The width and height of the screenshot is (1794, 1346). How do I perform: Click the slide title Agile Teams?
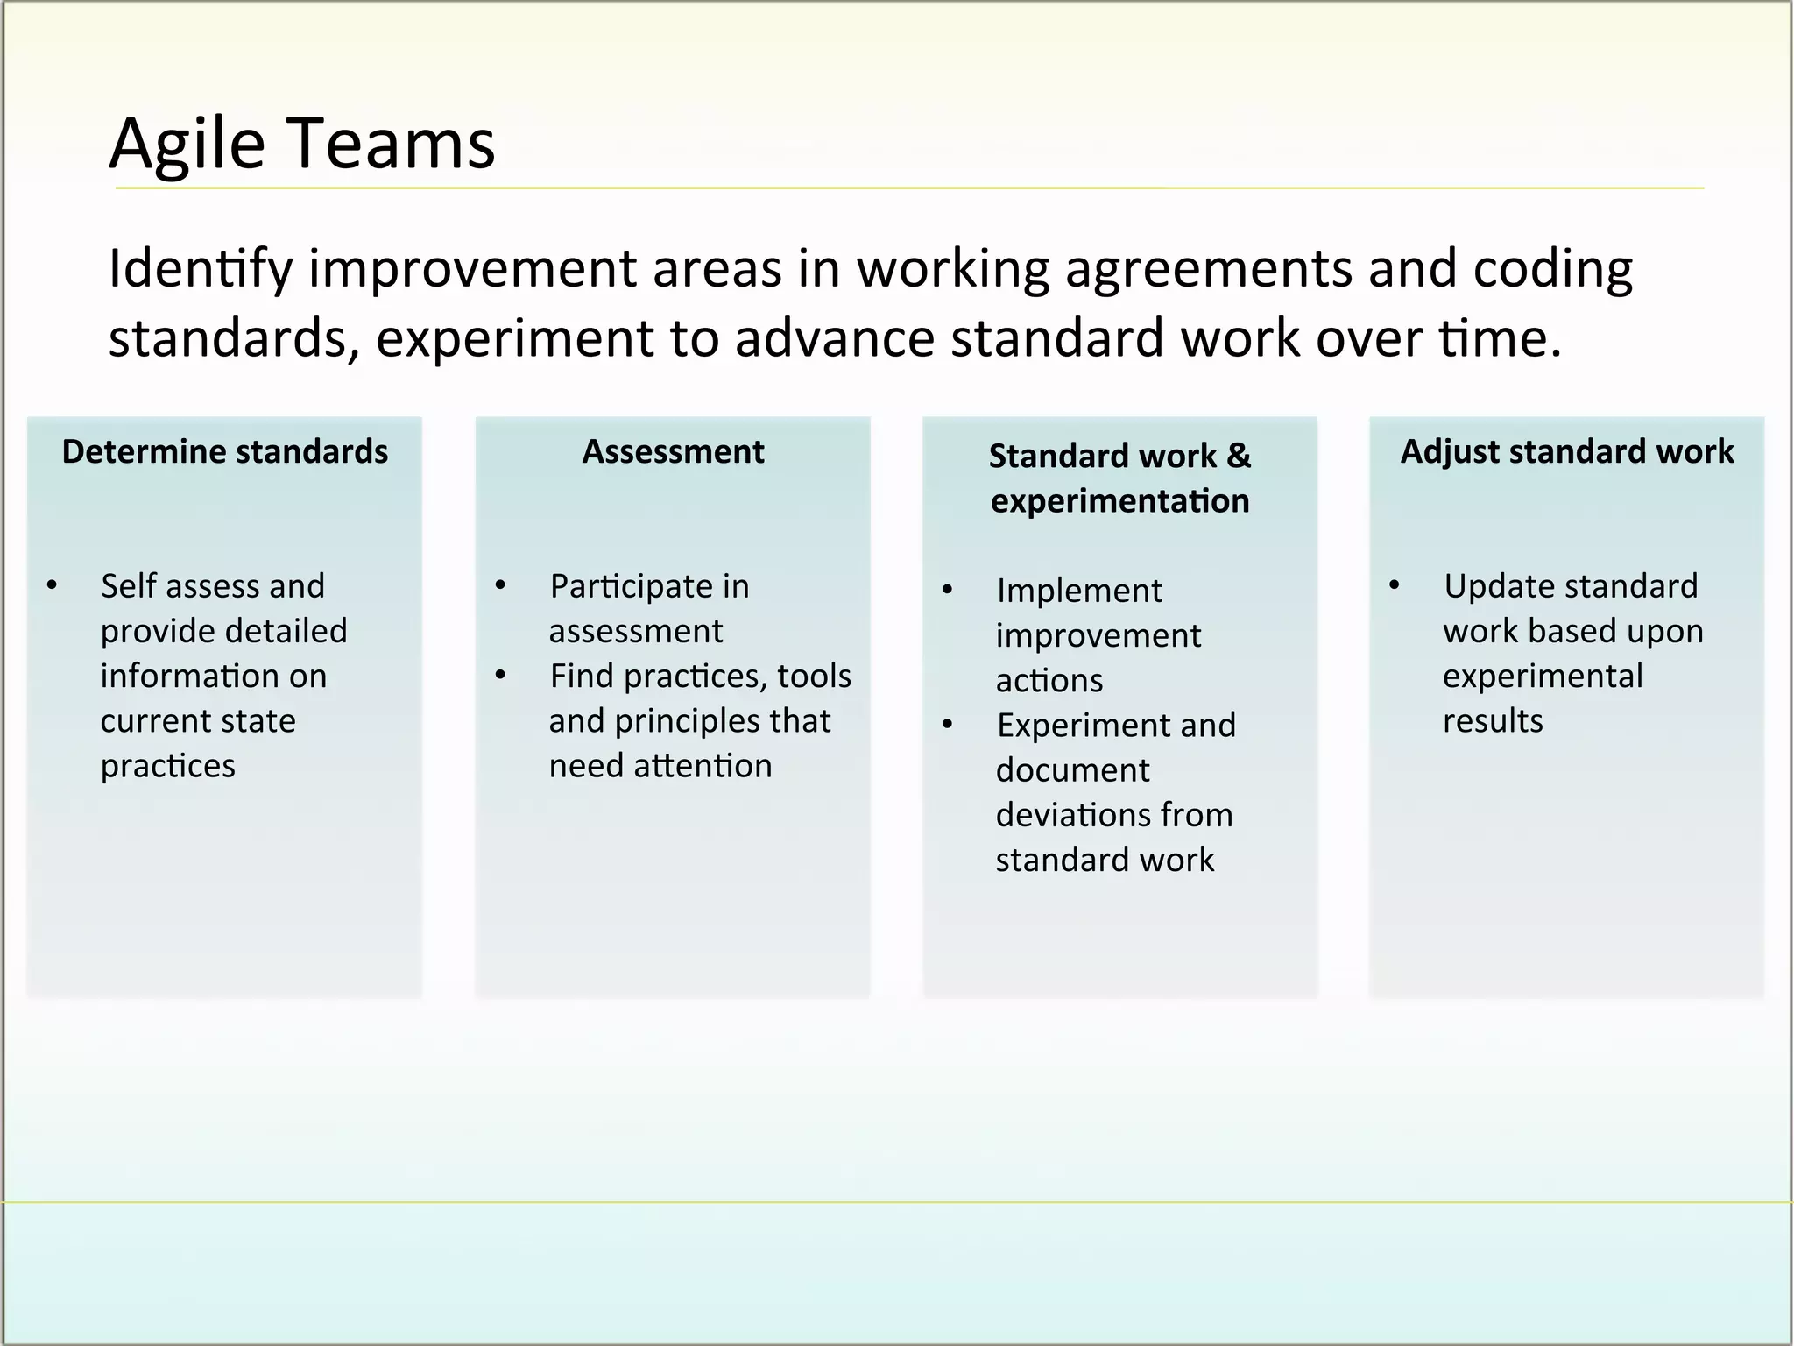point(302,144)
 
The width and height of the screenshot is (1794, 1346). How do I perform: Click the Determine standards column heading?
point(225,452)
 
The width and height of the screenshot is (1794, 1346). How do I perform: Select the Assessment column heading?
point(673,452)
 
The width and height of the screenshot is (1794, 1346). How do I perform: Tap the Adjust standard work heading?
point(1567,452)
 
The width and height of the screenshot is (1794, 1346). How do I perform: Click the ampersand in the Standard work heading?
point(1239,456)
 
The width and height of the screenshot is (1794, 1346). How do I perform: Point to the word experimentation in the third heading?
point(1119,501)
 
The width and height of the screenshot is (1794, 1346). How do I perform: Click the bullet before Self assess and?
point(53,585)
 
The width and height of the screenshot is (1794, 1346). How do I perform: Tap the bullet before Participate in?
point(500,585)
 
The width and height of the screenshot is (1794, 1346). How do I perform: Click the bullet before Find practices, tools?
point(500,676)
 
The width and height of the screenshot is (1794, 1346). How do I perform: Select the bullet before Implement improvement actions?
point(947,590)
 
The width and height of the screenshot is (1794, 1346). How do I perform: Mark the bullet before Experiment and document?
point(947,725)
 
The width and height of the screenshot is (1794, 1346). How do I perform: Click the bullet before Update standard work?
point(1394,585)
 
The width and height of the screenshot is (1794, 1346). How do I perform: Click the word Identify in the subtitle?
point(200,269)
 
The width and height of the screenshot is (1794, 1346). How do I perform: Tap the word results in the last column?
point(1493,721)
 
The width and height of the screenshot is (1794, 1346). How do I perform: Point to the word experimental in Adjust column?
point(1543,676)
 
